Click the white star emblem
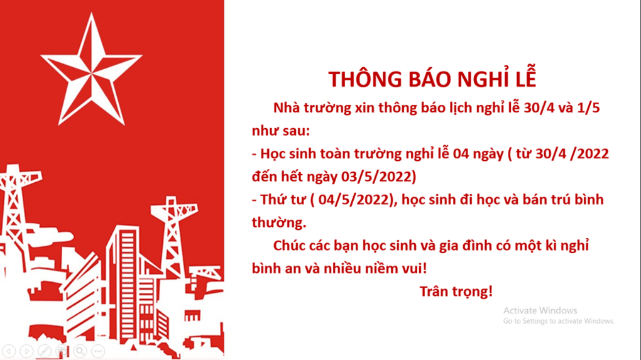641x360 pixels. pos(92,70)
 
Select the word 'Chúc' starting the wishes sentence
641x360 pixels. pos(290,246)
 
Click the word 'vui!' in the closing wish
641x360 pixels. pos(412,268)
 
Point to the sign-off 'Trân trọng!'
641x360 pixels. pos(456,292)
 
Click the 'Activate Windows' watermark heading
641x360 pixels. pos(540,310)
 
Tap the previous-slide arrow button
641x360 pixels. pos(9,351)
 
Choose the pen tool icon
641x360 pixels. pos(44,351)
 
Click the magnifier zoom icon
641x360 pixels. pos(80,351)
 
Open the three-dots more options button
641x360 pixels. pos(97,351)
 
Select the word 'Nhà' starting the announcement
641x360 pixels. pos(287,108)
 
